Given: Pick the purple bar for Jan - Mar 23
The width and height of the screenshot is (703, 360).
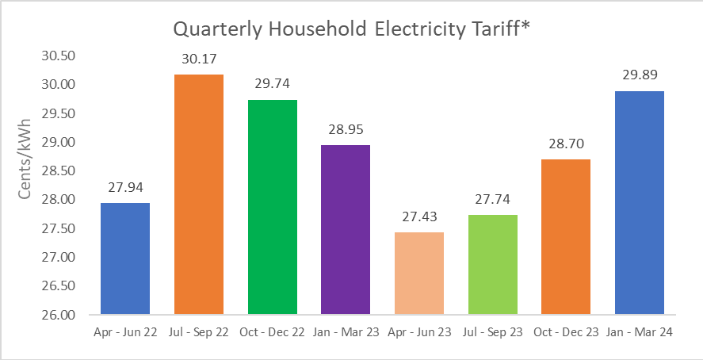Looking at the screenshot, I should [345, 230].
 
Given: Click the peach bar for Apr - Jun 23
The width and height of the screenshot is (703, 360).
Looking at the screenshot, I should [418, 274].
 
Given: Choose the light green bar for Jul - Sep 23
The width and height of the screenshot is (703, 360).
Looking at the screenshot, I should [492, 265].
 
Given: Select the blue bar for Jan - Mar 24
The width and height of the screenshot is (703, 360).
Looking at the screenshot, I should [639, 202].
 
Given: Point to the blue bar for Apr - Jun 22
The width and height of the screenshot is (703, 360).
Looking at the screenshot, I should [125, 259].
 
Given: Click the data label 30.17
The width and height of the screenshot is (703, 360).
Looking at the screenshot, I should [198, 59].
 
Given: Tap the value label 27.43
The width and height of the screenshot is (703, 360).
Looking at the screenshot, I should [418, 216].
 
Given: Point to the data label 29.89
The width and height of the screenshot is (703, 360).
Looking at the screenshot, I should [639, 75].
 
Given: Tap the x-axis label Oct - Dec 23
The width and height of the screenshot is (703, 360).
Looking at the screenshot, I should [565, 333].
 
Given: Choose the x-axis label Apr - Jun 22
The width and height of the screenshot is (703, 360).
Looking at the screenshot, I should [125, 333].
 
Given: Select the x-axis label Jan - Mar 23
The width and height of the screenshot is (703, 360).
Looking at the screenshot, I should [345, 333].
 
